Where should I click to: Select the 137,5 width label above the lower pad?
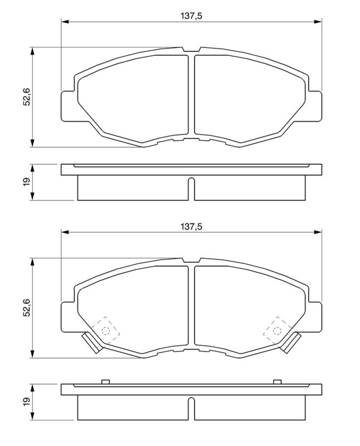tap(191, 226)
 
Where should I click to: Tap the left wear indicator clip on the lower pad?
tap(90, 343)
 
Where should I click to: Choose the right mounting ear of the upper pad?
tap(315, 104)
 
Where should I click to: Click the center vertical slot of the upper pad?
tap(191, 95)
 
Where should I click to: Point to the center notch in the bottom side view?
tap(191, 409)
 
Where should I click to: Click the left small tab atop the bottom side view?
tap(104, 382)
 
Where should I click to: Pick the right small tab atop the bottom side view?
tap(277, 382)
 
